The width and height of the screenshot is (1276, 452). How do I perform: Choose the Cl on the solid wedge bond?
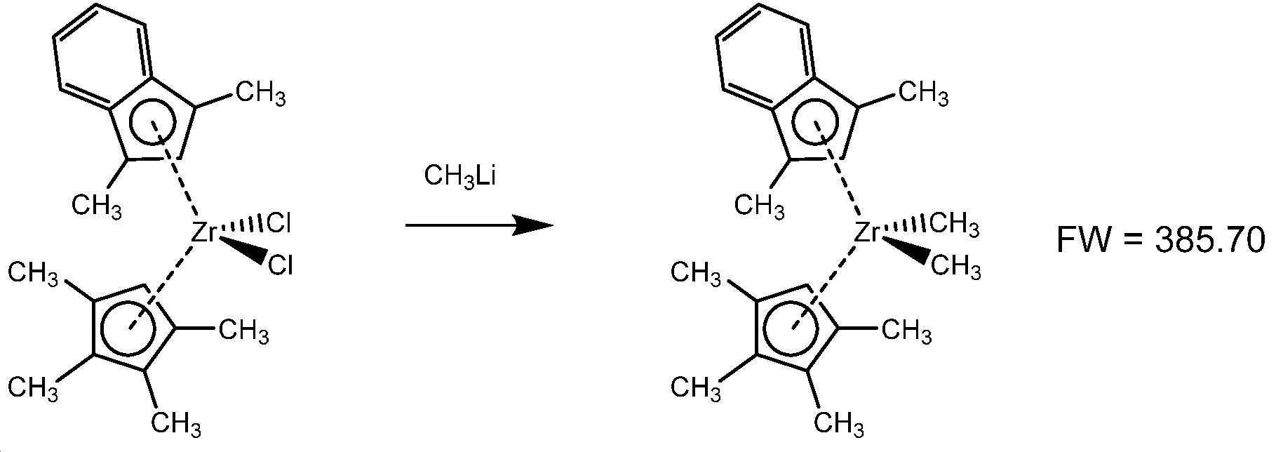click(280, 266)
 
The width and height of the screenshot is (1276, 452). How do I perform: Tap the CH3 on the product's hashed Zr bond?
click(954, 225)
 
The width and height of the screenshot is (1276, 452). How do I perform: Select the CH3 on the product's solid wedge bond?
click(955, 267)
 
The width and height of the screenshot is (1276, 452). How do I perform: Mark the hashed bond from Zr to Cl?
click(243, 227)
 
